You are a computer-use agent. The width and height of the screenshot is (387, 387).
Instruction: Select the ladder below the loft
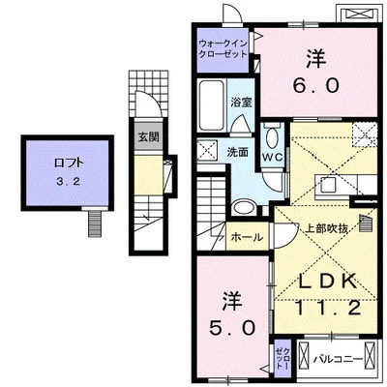click(93, 223)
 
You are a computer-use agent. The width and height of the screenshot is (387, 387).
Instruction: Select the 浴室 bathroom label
click(241, 100)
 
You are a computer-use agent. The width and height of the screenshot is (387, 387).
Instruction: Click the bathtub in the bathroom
click(212, 99)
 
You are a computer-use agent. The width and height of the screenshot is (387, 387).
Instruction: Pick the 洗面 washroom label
click(238, 152)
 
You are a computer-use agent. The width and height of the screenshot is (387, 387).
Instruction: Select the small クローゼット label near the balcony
click(281, 357)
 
